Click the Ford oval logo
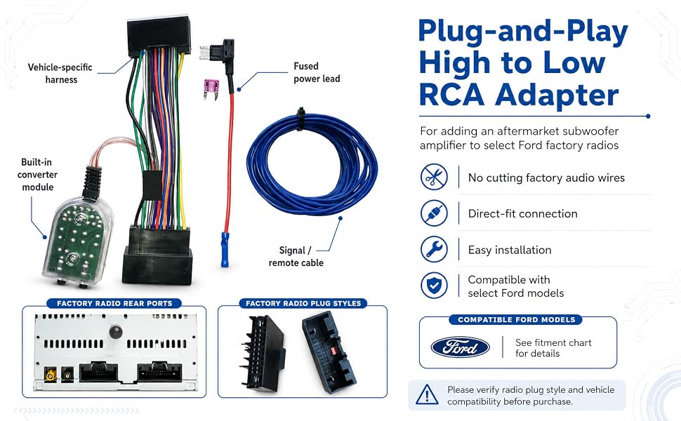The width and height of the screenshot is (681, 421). point(460,347)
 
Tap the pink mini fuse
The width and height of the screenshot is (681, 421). point(211,88)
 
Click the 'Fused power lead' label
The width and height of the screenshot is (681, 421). point(317,72)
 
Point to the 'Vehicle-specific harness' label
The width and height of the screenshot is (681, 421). point(60,74)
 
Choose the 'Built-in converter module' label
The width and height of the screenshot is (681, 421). point(37,175)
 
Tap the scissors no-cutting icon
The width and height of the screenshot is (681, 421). point(434,177)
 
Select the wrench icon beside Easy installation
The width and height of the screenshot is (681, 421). point(434,250)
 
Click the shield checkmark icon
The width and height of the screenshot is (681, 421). point(434,286)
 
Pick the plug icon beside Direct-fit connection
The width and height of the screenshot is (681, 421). point(434,213)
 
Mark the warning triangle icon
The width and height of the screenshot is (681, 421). point(427,395)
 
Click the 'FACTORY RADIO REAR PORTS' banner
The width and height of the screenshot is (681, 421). point(114,303)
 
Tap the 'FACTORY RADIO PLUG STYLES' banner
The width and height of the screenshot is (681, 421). point(303,303)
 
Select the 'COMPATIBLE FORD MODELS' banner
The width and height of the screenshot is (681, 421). point(517,320)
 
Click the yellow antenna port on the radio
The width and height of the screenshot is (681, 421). point(51,375)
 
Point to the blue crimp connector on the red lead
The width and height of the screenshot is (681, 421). point(225,250)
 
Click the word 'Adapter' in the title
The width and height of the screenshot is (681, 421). point(557,95)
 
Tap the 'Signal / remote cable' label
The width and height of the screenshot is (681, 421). point(296,257)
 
